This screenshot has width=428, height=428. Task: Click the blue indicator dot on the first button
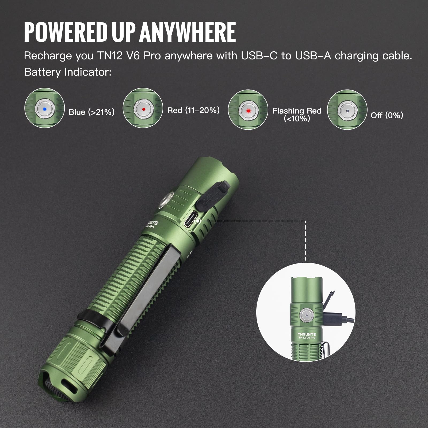click(45, 109)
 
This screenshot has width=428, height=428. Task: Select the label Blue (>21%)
click(91, 112)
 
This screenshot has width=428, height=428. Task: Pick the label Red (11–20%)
click(193, 110)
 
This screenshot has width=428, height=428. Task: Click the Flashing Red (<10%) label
click(297, 114)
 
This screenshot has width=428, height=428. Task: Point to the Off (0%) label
click(387, 115)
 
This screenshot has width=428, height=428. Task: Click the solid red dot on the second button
click(143, 109)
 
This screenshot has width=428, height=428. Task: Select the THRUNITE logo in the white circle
click(307, 334)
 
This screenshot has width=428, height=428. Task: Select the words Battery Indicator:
click(68, 72)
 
